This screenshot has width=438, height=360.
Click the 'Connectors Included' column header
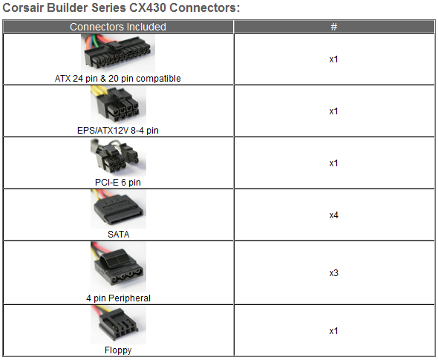coord(118,27)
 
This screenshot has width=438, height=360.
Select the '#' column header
coord(334,27)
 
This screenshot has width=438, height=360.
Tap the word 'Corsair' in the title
coord(23,7)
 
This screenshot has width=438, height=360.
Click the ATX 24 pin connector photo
coord(118,53)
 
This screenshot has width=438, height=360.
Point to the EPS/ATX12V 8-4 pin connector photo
coord(118,105)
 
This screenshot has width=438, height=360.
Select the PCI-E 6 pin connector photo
coord(118,157)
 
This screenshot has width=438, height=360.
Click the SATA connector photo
coord(118,209)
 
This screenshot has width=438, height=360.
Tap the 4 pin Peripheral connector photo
coord(118,267)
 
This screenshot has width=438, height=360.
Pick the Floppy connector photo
coord(118,325)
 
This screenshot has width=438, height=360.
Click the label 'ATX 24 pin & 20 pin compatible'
coord(118,79)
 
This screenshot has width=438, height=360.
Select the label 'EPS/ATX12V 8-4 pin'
coord(118,131)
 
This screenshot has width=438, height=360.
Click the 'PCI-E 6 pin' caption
coord(118,183)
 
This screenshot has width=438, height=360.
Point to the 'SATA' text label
coord(119,235)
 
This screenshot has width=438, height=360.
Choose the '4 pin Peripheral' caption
coord(119,298)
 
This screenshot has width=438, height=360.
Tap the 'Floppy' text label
coord(118,350)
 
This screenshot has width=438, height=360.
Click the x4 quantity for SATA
coord(334,215)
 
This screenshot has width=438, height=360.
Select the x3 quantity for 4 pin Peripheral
coord(334,273)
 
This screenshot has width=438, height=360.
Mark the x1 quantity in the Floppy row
coord(333,331)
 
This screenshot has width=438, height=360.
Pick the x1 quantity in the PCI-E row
coord(333,163)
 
